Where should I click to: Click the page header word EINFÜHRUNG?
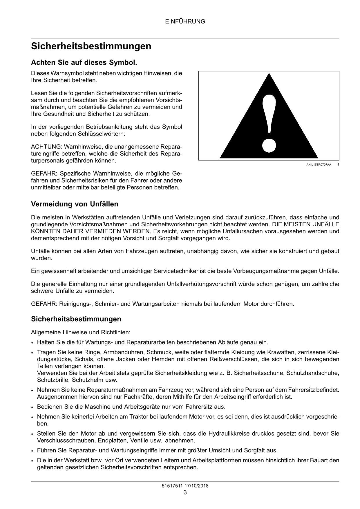(185, 21)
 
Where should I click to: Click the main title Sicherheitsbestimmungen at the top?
(91, 46)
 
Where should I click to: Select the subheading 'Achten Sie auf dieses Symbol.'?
(84, 62)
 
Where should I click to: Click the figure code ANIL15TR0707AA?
(319, 165)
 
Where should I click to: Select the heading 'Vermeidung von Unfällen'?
(75, 204)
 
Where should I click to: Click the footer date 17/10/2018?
(195, 486)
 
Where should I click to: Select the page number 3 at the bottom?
(185, 492)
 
